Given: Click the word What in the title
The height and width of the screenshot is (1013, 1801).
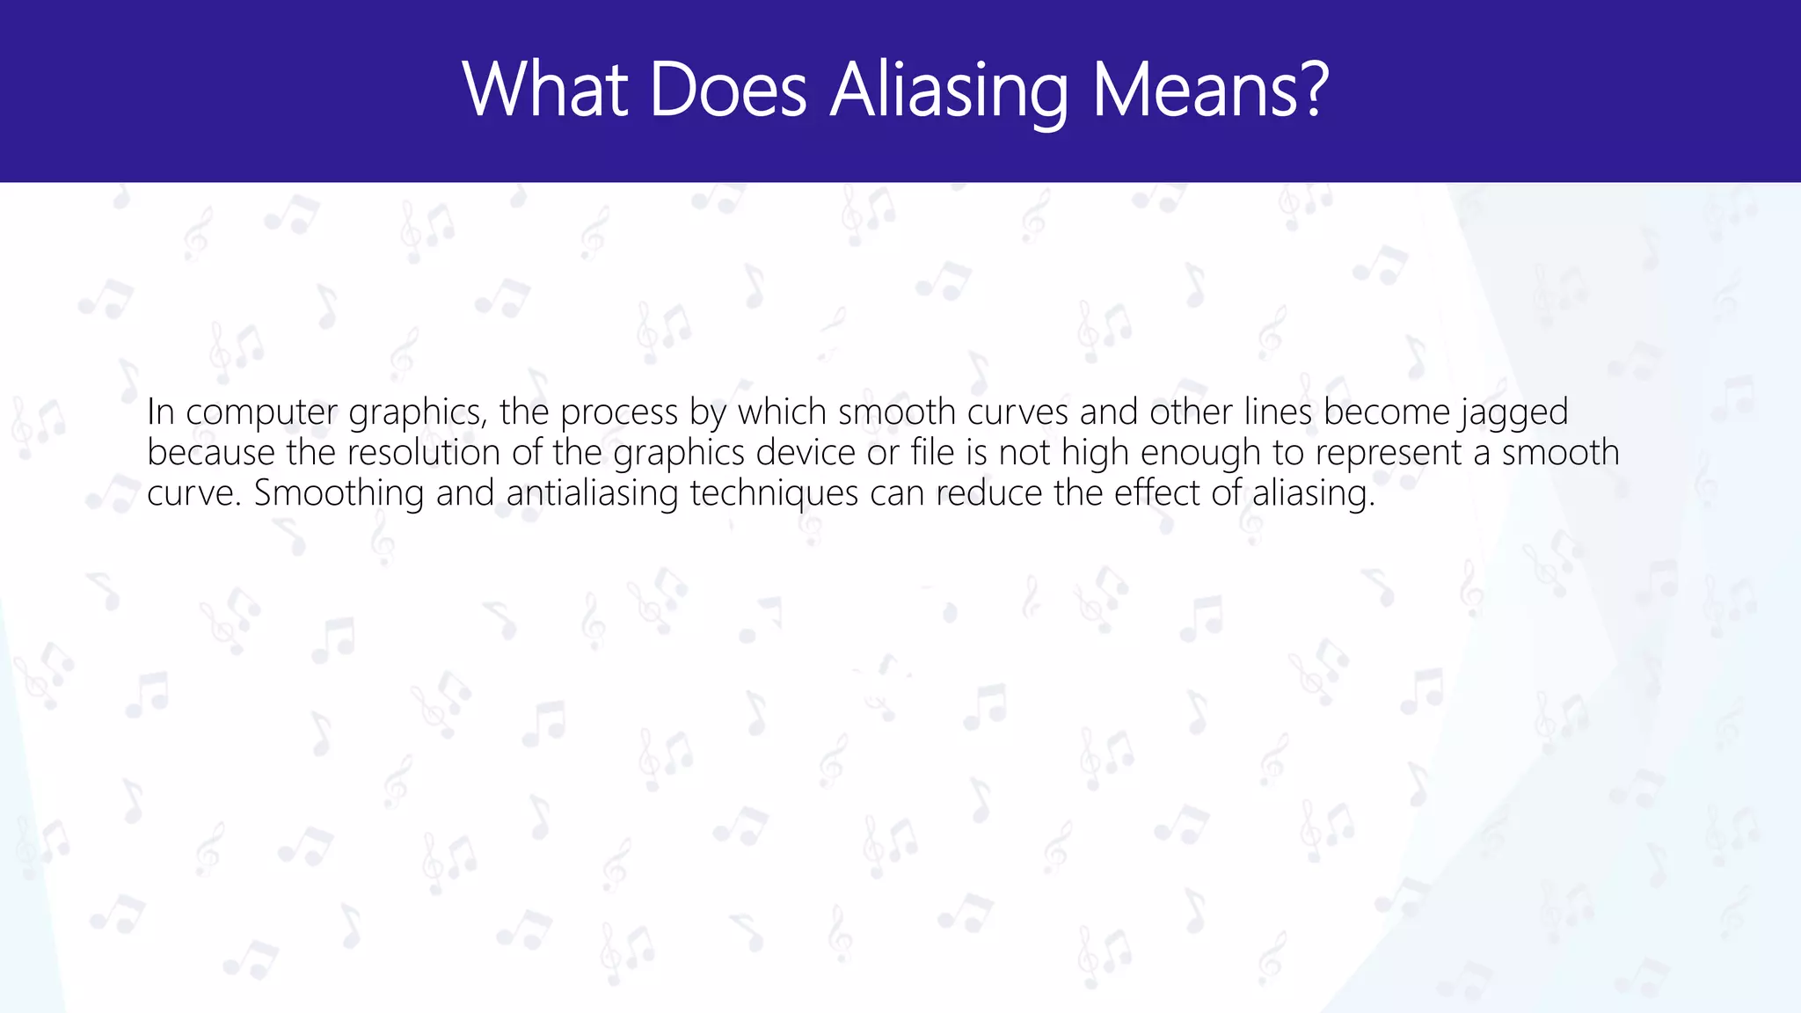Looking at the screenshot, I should click(545, 91).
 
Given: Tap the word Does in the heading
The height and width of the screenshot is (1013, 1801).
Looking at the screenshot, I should click(728, 91).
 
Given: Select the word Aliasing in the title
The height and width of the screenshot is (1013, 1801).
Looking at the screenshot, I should click(949, 91).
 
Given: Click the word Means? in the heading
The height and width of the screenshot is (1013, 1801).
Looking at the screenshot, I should click(1210, 91).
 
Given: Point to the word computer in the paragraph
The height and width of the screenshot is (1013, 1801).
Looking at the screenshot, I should click(261, 412).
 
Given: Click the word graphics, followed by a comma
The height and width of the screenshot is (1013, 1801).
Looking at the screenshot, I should click(418, 412).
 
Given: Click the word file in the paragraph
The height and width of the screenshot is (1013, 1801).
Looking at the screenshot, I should click(933, 453).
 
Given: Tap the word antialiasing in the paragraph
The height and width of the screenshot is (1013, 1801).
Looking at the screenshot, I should click(592, 493).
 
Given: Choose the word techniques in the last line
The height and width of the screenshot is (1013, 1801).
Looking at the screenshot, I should click(774, 493).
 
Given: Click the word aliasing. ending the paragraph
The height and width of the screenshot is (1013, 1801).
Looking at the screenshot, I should click(1313, 493).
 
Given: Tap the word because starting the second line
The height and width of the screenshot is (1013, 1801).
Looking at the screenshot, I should click(212, 453).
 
